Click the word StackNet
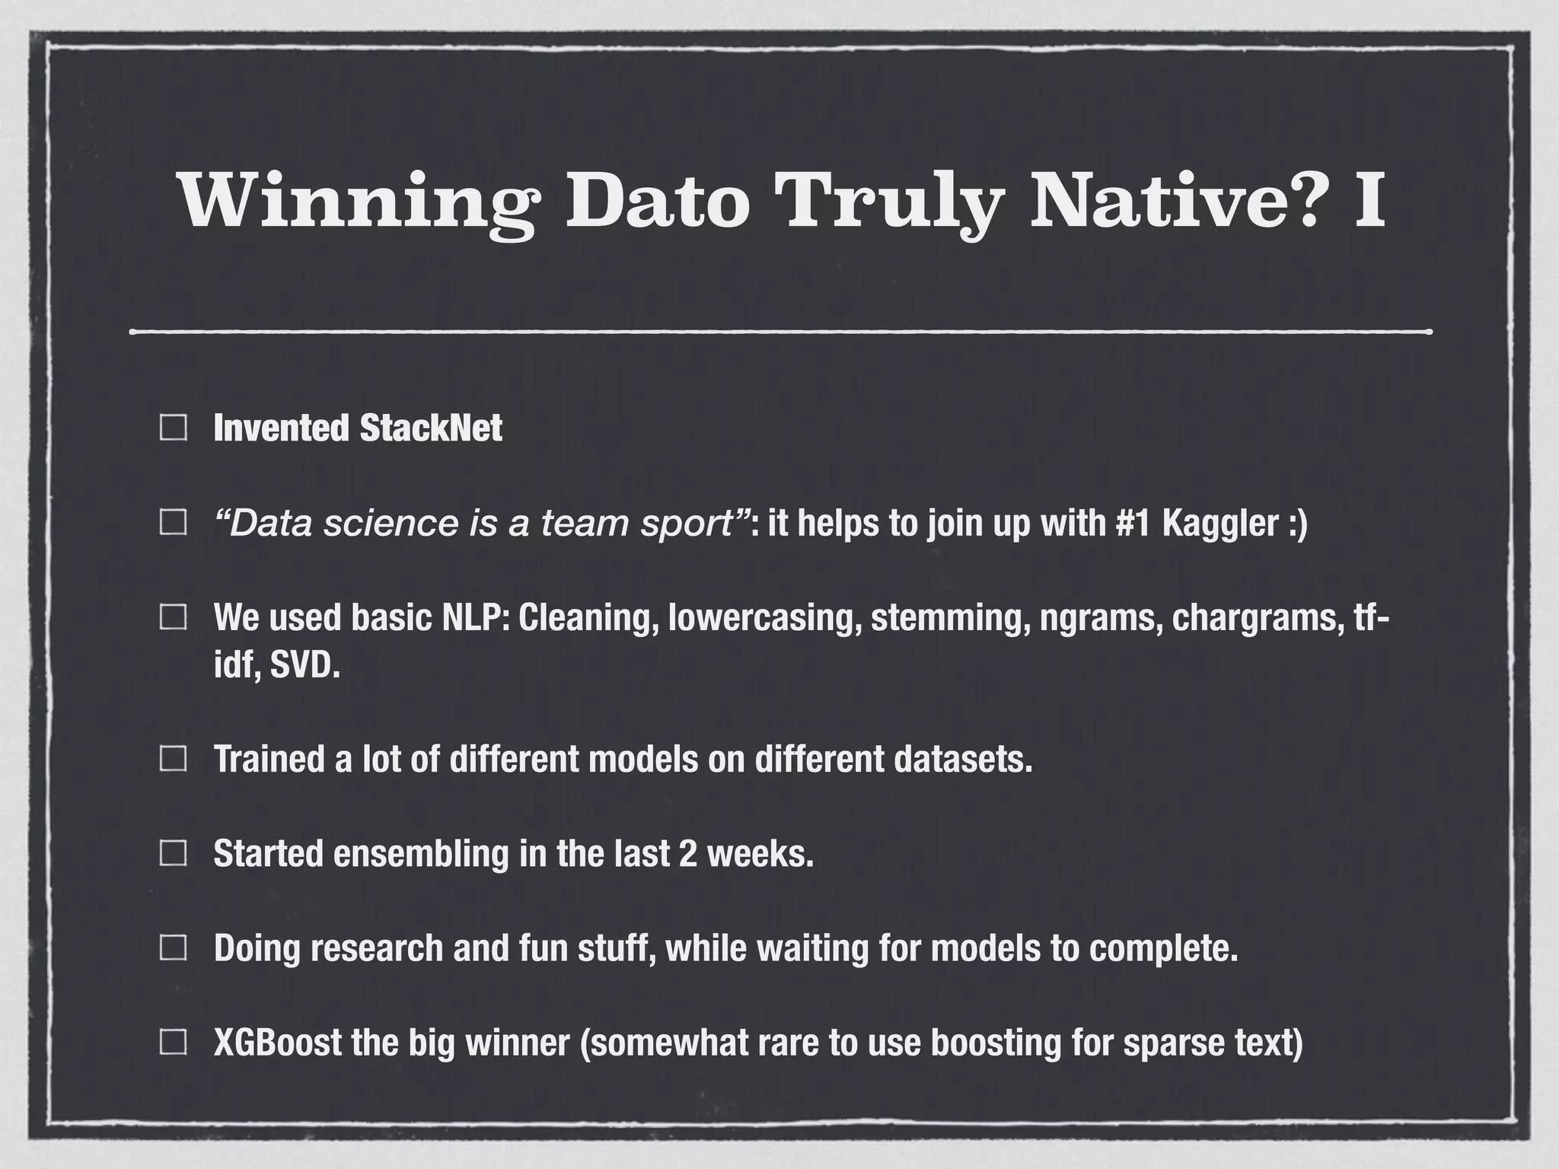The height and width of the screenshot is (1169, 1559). pos(430,428)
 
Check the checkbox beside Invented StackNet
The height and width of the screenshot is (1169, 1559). pos(174,428)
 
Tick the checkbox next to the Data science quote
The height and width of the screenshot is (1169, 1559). pos(174,523)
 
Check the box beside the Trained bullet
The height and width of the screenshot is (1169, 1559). pos(174,759)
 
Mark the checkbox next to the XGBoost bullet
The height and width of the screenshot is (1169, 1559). pos(174,1042)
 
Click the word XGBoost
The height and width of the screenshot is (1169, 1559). pos(277,1042)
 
